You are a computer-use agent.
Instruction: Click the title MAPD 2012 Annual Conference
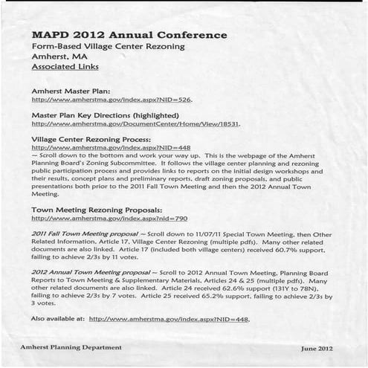[x=129, y=35]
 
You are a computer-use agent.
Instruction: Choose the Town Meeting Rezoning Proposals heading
[x=97, y=210]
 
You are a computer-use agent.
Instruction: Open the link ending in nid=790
[x=109, y=219]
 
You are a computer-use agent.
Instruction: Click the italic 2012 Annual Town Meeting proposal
[x=88, y=274]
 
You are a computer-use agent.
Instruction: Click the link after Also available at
[x=169, y=319]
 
